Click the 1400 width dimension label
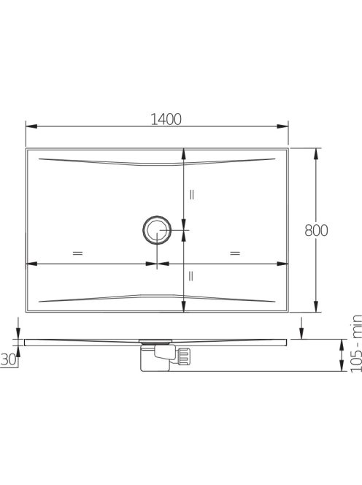(166, 119)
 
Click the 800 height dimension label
(316, 230)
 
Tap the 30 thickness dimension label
(8, 359)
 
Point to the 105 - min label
(356, 343)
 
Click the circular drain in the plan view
(157, 230)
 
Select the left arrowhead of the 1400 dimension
(31, 126)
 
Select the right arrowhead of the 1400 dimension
(282, 126)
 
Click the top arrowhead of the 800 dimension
(315, 153)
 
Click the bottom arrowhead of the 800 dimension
(315, 307)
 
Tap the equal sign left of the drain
(77, 253)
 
